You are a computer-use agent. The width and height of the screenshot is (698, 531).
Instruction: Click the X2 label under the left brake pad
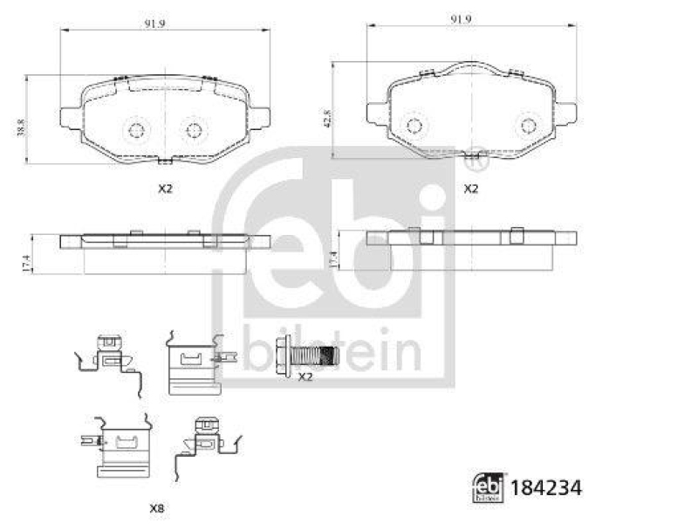point(165,189)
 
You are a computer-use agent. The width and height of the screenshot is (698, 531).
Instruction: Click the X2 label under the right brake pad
point(471,189)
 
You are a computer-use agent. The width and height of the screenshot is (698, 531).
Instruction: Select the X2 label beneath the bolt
point(305,377)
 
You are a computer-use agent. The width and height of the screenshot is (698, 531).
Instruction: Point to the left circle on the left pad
point(135,130)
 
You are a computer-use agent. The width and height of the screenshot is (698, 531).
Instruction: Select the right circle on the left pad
point(193,130)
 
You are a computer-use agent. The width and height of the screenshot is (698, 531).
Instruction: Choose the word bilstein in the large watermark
point(332,352)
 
